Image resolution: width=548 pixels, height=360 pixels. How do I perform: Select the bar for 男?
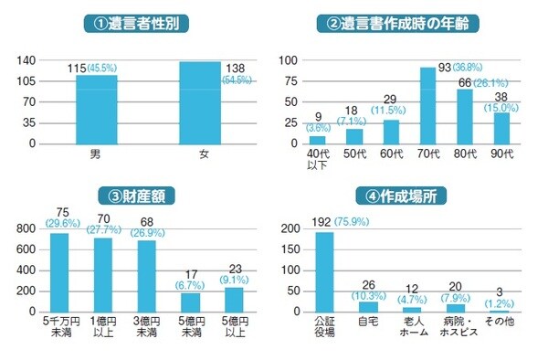pyautogui.click(x=96, y=109)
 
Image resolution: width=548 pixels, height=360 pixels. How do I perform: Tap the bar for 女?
pyautogui.click(x=200, y=102)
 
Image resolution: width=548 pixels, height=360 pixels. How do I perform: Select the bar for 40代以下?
pyautogui.click(x=317, y=140)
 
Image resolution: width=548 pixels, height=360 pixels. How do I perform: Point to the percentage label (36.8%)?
pyautogui.click(x=463, y=69)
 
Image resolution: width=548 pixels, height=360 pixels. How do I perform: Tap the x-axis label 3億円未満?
pyautogui.click(x=146, y=326)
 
